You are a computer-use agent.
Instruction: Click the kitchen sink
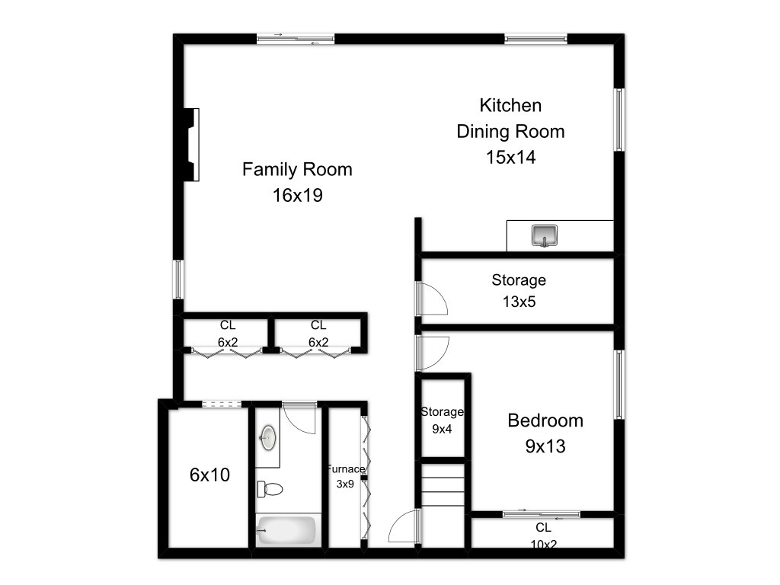pyautogui.click(x=544, y=235)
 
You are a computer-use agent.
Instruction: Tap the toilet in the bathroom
pyautogui.click(x=270, y=489)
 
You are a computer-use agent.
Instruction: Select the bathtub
pyautogui.click(x=286, y=530)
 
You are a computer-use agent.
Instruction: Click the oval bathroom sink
pyautogui.click(x=268, y=438)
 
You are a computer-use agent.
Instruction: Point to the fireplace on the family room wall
pyautogui.click(x=192, y=144)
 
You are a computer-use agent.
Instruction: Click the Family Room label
pyautogui.click(x=297, y=169)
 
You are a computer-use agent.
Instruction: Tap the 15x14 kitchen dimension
pyautogui.click(x=511, y=157)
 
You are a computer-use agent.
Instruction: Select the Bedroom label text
pyautogui.click(x=545, y=420)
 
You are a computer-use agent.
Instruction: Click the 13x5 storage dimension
pyautogui.click(x=519, y=302)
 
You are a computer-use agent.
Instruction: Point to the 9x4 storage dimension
pyautogui.click(x=442, y=429)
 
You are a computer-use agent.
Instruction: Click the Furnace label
pyautogui.click(x=346, y=469)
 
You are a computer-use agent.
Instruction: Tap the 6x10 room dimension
pyautogui.click(x=210, y=475)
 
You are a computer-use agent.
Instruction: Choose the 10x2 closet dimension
pyautogui.click(x=543, y=544)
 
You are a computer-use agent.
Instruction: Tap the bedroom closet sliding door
pyautogui.click(x=542, y=514)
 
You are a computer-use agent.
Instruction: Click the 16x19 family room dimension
pyautogui.click(x=298, y=195)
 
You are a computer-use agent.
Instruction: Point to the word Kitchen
pyautogui.click(x=510, y=105)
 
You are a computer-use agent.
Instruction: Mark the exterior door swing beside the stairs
pyautogui.click(x=404, y=526)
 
